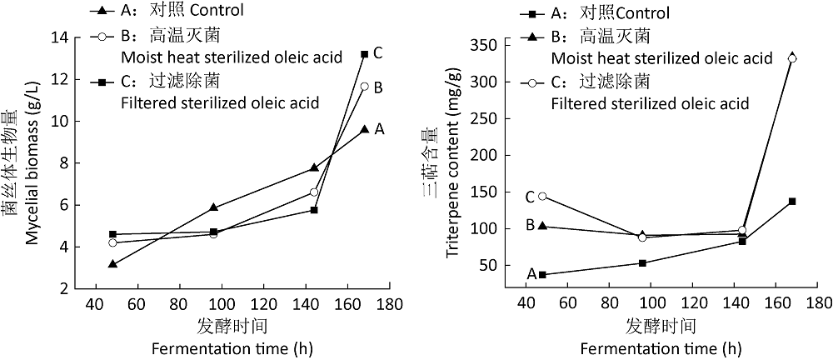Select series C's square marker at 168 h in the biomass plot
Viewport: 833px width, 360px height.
point(364,54)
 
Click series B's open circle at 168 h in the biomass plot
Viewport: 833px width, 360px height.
point(364,86)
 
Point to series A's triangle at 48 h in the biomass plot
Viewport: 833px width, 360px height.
point(112,264)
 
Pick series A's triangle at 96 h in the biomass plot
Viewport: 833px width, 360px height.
point(214,207)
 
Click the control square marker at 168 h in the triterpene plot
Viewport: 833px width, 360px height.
point(792,202)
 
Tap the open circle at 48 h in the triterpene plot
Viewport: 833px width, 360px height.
point(542,197)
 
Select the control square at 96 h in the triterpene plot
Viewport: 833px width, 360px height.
point(642,263)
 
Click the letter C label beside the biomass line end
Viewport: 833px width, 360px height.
point(378,53)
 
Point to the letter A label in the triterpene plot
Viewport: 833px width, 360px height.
point(530,273)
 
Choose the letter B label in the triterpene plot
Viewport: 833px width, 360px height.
point(530,225)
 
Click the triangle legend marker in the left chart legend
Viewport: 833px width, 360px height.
point(102,12)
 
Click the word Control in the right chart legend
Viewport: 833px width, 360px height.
point(641,13)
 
